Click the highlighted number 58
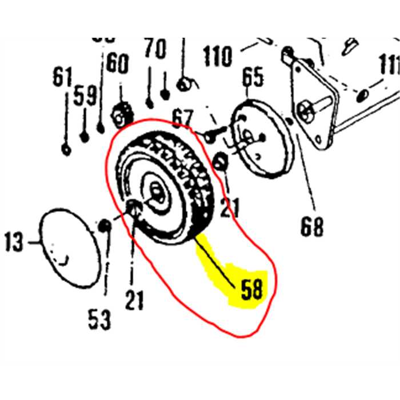pos(251,291)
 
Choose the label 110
pos(218,56)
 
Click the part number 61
pos(62,77)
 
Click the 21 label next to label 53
pos(135,299)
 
